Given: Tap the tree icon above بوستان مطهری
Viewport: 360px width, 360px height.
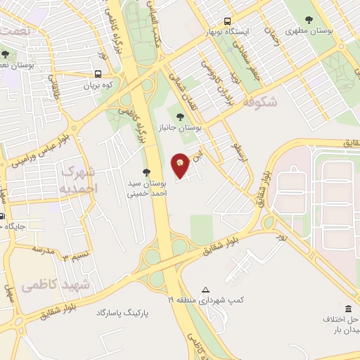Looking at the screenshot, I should (x=310, y=20).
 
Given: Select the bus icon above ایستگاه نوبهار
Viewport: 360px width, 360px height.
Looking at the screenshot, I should (x=227, y=22).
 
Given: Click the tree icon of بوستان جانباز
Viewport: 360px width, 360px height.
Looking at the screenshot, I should (x=179, y=117).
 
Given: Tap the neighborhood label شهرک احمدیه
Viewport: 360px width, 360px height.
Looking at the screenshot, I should (x=79, y=180).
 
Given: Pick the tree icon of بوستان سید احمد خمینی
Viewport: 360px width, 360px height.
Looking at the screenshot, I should (x=146, y=172).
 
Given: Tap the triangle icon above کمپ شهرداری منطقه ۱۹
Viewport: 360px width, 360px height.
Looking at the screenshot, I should (x=205, y=290).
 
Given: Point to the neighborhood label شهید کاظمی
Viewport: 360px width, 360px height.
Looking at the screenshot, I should (x=56, y=285).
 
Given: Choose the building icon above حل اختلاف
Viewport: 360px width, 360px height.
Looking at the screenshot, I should (x=349, y=307).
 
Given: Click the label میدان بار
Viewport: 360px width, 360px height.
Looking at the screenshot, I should (x=345, y=330).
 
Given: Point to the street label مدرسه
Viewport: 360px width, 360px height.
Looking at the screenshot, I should (x=42, y=250).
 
